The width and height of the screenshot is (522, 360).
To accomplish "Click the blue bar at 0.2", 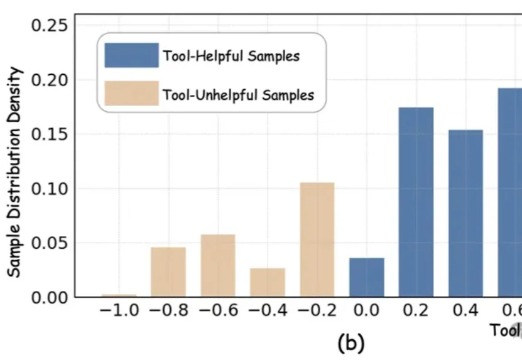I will (416, 202).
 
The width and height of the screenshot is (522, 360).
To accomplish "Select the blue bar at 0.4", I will (465, 214).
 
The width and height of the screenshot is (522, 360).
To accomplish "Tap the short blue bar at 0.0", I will (367, 278).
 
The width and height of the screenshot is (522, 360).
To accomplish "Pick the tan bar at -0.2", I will (317, 240).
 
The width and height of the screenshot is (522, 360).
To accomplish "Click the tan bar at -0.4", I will (268, 283).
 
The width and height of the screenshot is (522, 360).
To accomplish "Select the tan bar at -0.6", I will (218, 266).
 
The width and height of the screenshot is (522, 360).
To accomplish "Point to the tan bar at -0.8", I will (168, 272).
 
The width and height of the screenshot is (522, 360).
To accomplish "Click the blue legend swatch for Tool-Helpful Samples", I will (131, 55).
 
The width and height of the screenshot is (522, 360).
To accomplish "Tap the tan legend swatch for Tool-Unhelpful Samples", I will (131, 94).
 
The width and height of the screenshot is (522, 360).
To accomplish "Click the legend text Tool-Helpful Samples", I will (231, 56).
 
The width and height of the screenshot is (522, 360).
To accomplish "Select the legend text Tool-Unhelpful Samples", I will (238, 95).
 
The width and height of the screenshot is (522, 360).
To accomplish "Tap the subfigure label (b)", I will (350, 343).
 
